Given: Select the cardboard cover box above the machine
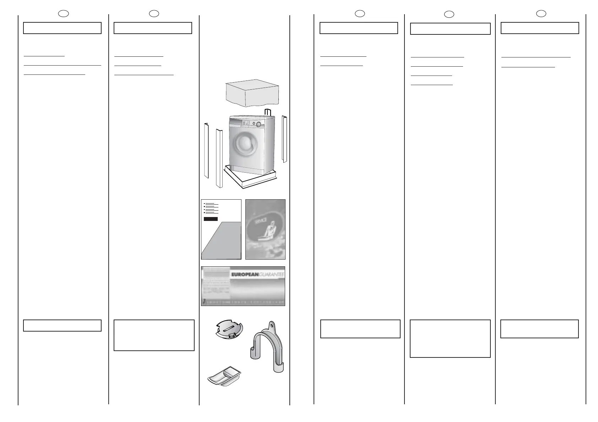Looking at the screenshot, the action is [x=252, y=92].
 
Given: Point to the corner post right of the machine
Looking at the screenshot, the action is [x=284, y=139].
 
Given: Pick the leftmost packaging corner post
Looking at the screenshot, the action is [x=206, y=151].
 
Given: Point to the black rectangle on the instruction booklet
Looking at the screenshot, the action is [x=211, y=219].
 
